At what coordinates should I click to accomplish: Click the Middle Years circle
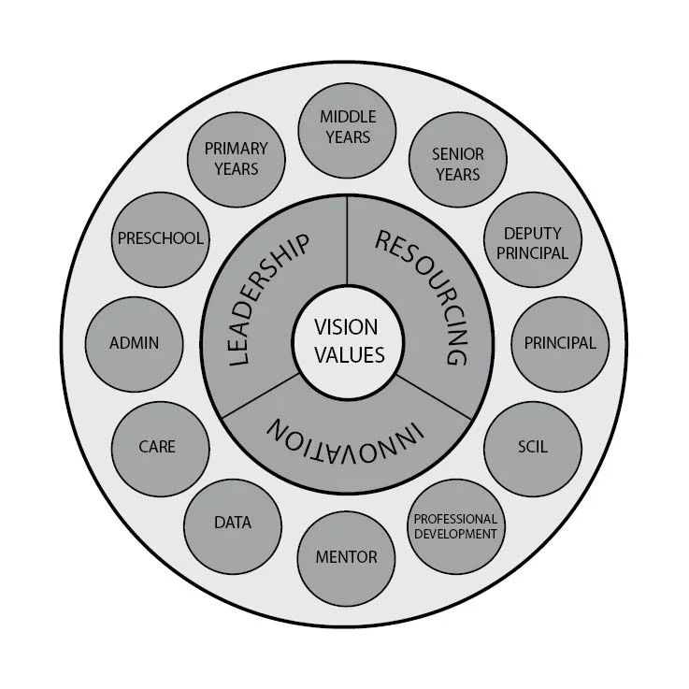[347, 127]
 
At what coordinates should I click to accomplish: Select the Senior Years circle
[456, 164]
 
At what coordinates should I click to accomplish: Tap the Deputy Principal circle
[536, 242]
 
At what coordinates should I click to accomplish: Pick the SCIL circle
[532, 446]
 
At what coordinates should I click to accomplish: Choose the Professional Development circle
[455, 526]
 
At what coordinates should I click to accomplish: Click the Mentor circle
[346, 557]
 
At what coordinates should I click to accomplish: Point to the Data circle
[233, 523]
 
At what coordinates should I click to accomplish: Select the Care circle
[157, 446]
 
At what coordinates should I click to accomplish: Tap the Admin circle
[134, 343]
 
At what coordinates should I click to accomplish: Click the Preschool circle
[161, 238]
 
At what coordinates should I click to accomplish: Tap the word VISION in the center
[346, 328]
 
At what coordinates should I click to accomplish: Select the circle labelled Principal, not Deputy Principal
[559, 343]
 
